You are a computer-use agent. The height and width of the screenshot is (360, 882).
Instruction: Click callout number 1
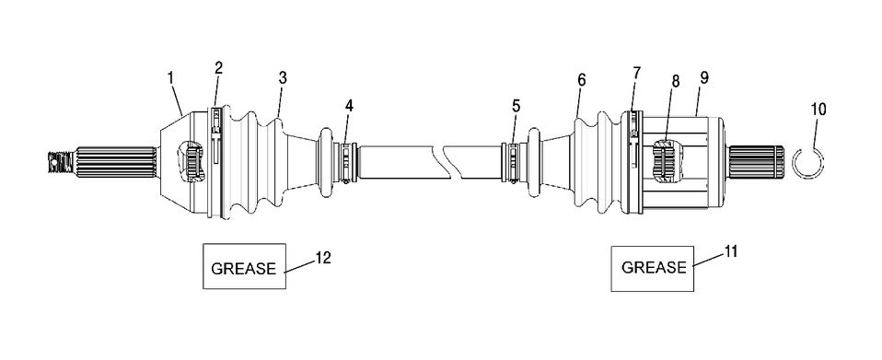[170, 78]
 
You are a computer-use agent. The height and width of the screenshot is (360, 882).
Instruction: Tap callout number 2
[219, 68]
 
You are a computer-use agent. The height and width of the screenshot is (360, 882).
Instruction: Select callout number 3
[283, 78]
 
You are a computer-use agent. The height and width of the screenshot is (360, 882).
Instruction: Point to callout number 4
[349, 105]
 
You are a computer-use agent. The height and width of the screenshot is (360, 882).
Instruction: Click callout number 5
[516, 105]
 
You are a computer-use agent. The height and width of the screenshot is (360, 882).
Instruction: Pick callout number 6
[582, 80]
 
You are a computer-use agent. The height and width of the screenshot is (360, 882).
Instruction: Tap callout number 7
[636, 73]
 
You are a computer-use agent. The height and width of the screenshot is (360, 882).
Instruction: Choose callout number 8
[676, 81]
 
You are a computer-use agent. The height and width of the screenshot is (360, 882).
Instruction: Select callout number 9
[703, 77]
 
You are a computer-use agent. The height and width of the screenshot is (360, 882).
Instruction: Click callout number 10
[819, 110]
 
